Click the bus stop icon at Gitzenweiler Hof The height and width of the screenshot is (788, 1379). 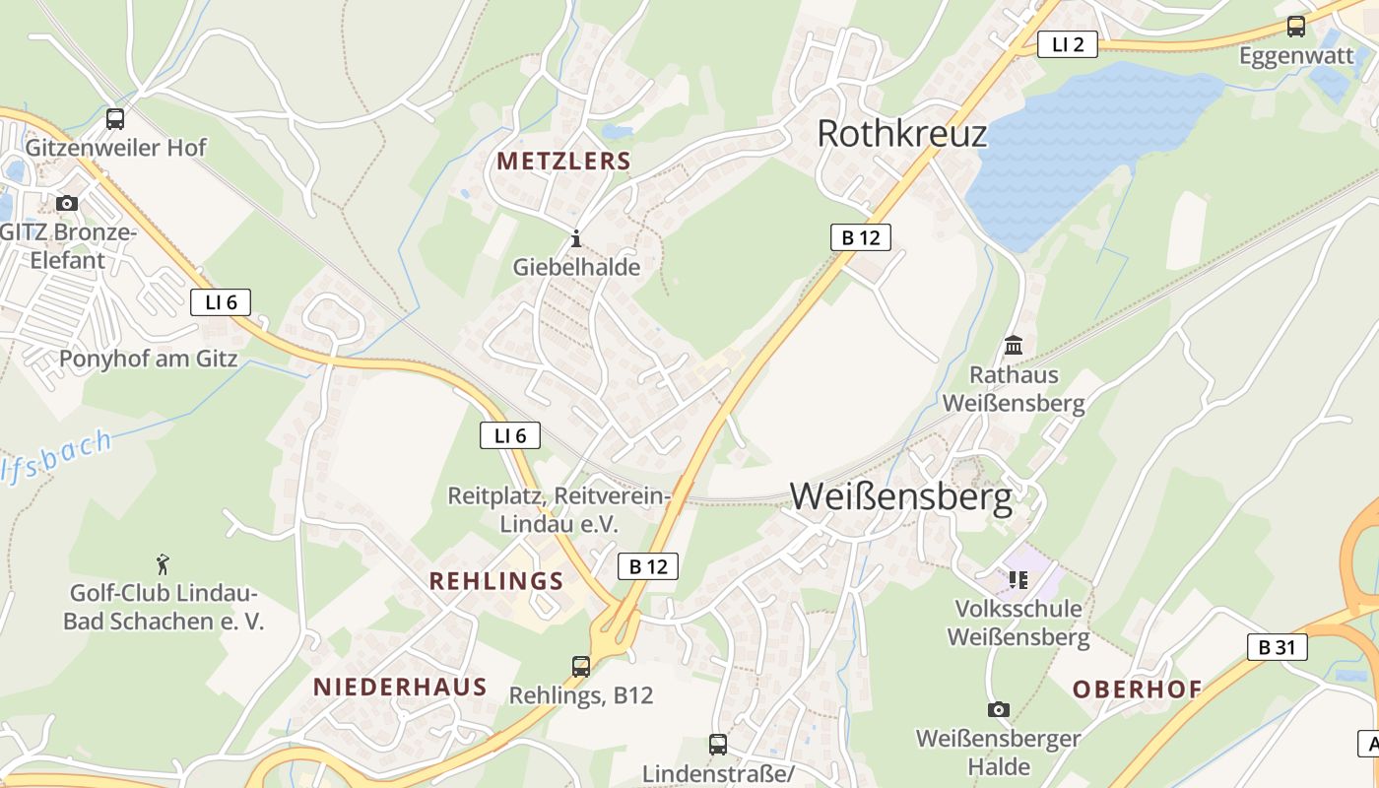pyautogui.click(x=115, y=119)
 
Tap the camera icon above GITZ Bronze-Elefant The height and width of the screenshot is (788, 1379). pyautogui.click(x=67, y=203)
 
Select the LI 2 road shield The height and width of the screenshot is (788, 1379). pyautogui.click(x=1067, y=44)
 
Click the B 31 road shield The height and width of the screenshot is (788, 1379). pyautogui.click(x=1277, y=647)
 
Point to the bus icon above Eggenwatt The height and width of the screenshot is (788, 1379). pyautogui.click(x=1296, y=27)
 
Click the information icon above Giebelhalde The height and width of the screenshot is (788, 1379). pyautogui.click(x=576, y=238)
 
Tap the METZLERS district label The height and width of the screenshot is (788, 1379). pyautogui.click(x=563, y=162)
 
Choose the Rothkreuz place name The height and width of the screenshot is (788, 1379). pyautogui.click(x=901, y=133)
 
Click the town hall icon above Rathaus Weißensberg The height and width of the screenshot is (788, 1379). pyautogui.click(x=1014, y=346)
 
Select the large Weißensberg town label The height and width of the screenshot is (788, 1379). pyautogui.click(x=900, y=497)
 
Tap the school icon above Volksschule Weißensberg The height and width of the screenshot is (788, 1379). pyautogui.click(x=1018, y=580)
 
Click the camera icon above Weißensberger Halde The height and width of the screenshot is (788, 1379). pyautogui.click(x=998, y=709)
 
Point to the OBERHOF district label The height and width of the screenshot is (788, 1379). pyautogui.click(x=1137, y=689)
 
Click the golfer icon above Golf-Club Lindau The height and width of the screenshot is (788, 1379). pyautogui.click(x=164, y=564)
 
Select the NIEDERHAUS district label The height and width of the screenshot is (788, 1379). pyautogui.click(x=400, y=688)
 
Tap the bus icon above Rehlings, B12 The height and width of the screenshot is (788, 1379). pyautogui.click(x=581, y=667)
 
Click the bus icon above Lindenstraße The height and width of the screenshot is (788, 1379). pyautogui.click(x=718, y=745)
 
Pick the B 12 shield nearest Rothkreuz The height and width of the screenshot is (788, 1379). pyautogui.click(x=860, y=237)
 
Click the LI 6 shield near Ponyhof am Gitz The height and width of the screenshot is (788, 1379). pyautogui.click(x=221, y=302)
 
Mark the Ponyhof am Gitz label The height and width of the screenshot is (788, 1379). pyautogui.click(x=148, y=359)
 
